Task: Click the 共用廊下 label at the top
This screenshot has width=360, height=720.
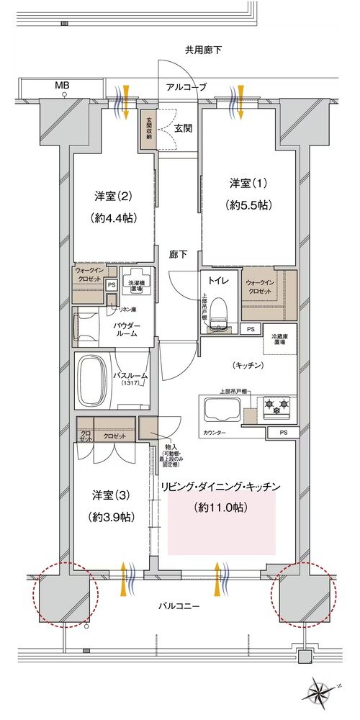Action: [203, 50]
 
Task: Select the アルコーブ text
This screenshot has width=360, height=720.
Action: [182, 87]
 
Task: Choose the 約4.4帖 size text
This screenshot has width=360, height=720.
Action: [114, 217]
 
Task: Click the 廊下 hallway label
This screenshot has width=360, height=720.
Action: [179, 254]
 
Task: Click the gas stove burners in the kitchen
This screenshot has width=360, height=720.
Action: [277, 408]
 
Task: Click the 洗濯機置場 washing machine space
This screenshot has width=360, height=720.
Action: [136, 282]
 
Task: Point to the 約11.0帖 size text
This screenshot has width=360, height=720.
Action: [221, 508]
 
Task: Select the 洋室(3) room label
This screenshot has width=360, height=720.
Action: [112, 496]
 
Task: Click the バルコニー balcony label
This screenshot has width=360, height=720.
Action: [179, 606]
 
